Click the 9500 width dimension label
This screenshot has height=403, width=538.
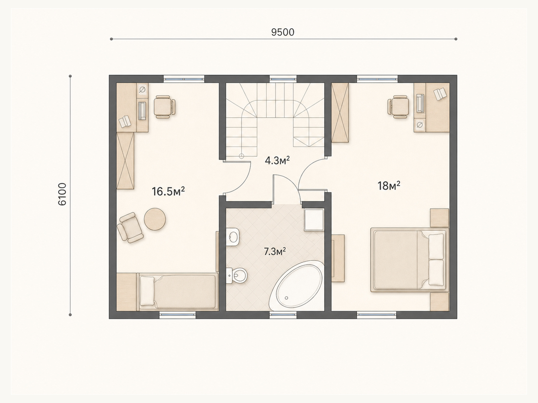tap(282, 32)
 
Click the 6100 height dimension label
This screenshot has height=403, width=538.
tap(62, 194)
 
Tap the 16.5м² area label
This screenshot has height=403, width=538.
tap(168, 191)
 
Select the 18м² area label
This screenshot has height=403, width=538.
tap(389, 186)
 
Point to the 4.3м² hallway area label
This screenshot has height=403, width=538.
tap(277, 161)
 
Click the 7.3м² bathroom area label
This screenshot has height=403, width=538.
tap(275, 251)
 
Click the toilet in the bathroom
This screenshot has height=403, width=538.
tap(237, 275)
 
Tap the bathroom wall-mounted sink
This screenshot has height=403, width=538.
tap(232, 237)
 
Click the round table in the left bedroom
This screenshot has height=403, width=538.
tap(155, 219)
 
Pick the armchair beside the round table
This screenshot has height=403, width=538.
tap(130, 228)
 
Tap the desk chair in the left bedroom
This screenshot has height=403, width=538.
tap(164, 107)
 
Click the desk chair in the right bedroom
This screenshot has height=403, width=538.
tap(398, 107)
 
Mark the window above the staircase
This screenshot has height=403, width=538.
tap(283, 79)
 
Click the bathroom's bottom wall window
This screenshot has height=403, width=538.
tap(283, 315)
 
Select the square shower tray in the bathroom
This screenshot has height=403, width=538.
tap(314, 220)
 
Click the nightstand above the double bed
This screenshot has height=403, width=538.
tap(439, 218)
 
